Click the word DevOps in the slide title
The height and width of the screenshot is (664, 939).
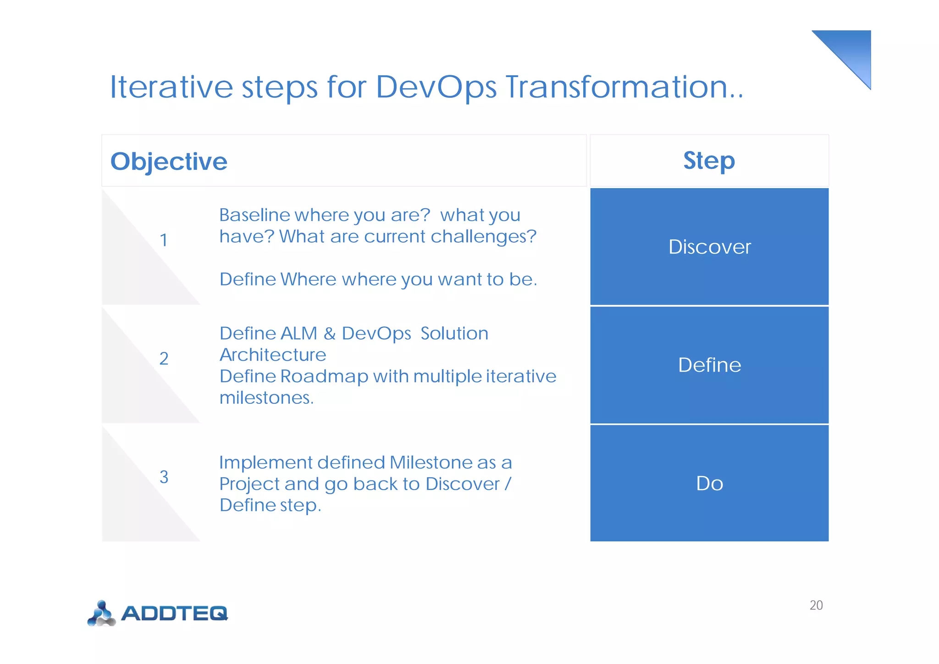point(436,87)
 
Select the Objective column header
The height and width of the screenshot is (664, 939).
point(169,162)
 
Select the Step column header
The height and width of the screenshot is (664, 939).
point(709,161)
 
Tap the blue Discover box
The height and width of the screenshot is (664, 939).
point(709,247)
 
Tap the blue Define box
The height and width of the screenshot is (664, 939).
point(709,365)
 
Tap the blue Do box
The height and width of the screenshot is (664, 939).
point(709,484)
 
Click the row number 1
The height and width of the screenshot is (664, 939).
point(164,240)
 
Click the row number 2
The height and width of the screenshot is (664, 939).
point(164,358)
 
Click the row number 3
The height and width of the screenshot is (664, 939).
point(164,477)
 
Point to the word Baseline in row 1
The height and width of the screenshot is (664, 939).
point(254,215)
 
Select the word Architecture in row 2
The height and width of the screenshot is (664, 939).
point(273,355)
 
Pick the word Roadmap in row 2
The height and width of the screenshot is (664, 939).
point(324,376)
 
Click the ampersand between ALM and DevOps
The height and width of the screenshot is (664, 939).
point(329,334)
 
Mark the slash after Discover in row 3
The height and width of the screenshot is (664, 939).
point(508,484)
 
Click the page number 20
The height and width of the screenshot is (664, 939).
point(816,605)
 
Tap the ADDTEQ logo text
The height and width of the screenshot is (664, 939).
point(174,613)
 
